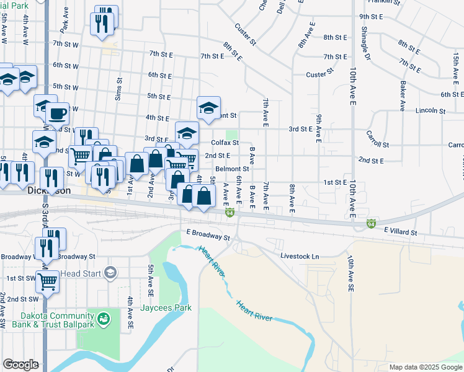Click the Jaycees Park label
(x=166, y=308)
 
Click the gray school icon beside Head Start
(x=110, y=273)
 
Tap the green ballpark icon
(x=104, y=319)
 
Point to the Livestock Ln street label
(x=300, y=256)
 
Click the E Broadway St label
(x=208, y=236)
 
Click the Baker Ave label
(x=403, y=96)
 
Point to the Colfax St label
(x=225, y=143)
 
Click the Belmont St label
(x=233, y=169)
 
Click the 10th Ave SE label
(x=350, y=273)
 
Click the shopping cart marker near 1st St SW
(x=47, y=282)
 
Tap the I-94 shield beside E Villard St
(x=372, y=223)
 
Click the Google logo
(x=21, y=364)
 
